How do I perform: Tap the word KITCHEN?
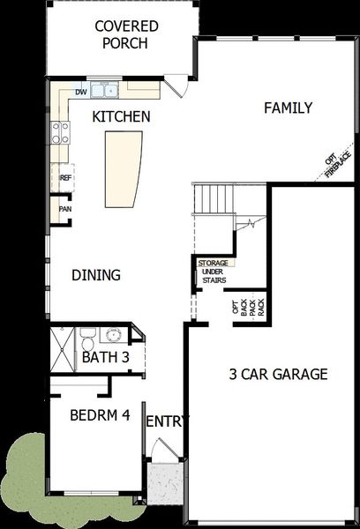pyautogui.click(x=122, y=116)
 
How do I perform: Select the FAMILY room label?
pyautogui.click(x=288, y=108)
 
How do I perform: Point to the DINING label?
pyautogui.click(x=96, y=275)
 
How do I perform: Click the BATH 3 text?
pyautogui.click(x=106, y=358)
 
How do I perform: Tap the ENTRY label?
pyautogui.click(x=166, y=422)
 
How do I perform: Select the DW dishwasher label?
pyautogui.click(x=81, y=92)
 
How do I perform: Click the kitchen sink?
pyautogui.click(x=109, y=90)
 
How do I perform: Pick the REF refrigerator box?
pyautogui.click(x=64, y=178)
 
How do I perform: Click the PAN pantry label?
pyautogui.click(x=64, y=209)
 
